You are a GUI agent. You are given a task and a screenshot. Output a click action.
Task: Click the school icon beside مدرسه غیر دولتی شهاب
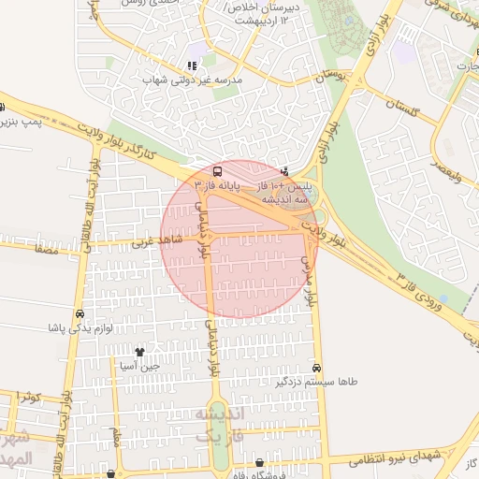pos(192,65)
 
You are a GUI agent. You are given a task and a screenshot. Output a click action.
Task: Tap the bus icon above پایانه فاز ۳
pos(218,171)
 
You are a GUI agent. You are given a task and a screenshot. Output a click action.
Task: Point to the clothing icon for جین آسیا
pos(139,353)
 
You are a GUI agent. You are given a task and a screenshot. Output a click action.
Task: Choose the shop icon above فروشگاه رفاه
pos(259,463)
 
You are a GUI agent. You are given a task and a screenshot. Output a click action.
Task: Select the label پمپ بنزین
pos(20,123)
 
